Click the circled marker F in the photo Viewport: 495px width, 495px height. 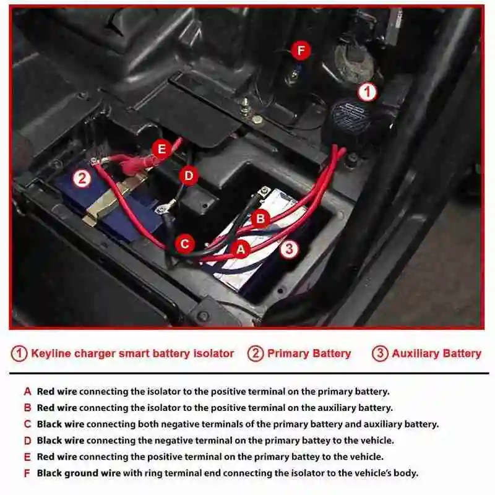coord(301,50)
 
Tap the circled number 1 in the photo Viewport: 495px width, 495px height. coord(368,93)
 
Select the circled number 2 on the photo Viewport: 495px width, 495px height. coord(83,179)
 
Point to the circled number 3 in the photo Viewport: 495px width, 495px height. coord(289,249)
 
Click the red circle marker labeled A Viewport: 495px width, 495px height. coord(240,249)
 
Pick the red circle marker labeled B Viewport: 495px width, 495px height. coord(261,218)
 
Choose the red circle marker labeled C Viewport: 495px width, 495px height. coord(184,244)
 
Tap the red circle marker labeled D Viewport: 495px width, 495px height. coord(189,176)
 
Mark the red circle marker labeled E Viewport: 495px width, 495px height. coord(161,148)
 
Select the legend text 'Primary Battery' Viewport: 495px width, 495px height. coord(309,354)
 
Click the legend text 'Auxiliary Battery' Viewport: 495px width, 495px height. coord(436,354)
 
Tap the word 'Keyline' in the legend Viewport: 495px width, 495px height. coord(51,354)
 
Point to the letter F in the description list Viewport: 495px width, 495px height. coord(27,473)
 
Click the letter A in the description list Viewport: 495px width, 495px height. coord(27,392)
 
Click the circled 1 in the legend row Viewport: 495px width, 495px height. coord(20,354)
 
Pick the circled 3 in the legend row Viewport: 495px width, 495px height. coord(380,354)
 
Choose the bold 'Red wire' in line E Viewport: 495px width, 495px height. coord(57,457)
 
